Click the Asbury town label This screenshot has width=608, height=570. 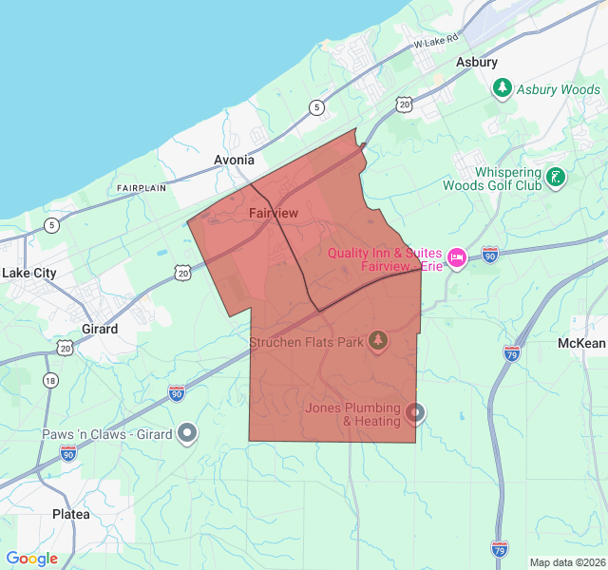(477, 63)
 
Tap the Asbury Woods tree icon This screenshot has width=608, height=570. (503, 88)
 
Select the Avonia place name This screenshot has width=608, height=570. (233, 160)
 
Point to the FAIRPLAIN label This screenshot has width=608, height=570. (142, 188)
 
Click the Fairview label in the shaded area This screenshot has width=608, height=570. (274, 214)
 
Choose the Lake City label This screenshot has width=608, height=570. (29, 273)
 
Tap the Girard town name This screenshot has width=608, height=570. (100, 329)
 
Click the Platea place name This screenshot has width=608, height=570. (71, 514)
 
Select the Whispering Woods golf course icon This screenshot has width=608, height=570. (556, 177)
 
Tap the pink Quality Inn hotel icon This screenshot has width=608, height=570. (456, 257)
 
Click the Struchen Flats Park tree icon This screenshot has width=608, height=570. (379, 339)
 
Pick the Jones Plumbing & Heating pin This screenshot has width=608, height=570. (415, 412)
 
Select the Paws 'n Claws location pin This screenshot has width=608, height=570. (188, 433)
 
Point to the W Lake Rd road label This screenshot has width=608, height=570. (436, 42)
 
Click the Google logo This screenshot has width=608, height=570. (31, 559)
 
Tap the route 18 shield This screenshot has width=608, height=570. (50, 380)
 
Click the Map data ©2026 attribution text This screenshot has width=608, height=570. (567, 562)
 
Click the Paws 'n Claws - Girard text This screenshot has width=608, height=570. (107, 434)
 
